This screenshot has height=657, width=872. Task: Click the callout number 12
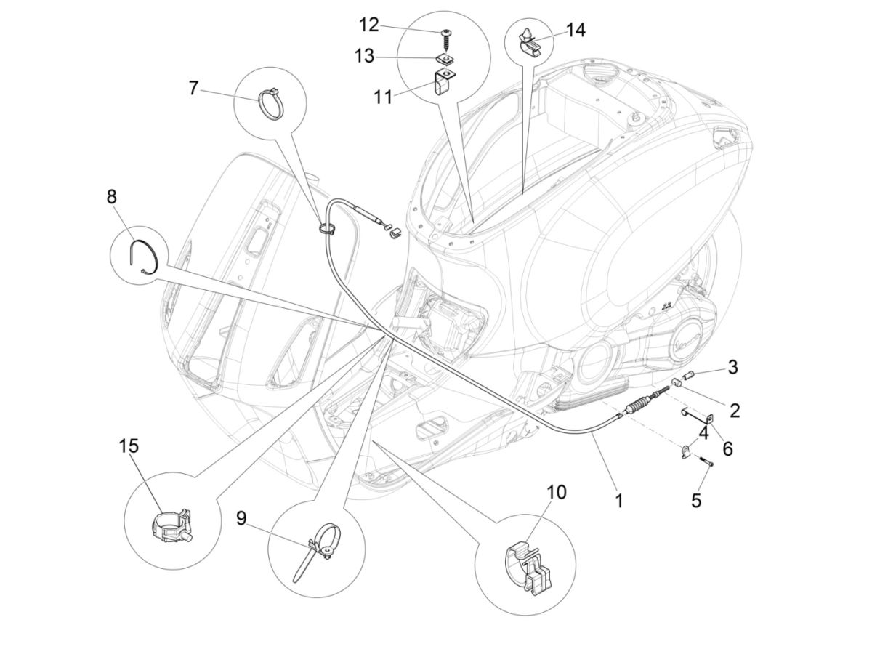point(368,25)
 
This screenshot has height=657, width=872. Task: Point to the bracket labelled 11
point(443,82)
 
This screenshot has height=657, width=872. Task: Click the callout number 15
point(129,446)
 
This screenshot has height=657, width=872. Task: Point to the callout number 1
point(618,500)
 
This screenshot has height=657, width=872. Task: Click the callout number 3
point(732,367)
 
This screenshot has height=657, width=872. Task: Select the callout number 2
point(735,411)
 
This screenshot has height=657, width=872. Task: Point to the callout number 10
point(555,492)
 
